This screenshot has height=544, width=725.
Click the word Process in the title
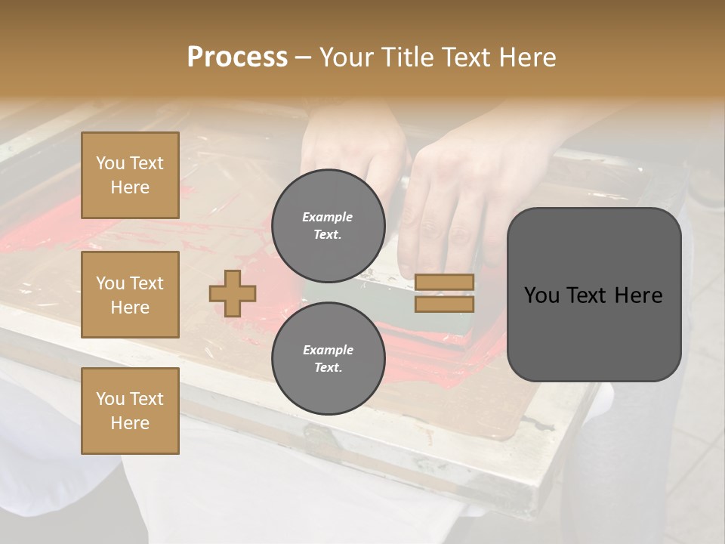237,57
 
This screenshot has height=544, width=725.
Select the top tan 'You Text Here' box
130,175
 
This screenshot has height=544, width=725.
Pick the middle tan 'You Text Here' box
130,295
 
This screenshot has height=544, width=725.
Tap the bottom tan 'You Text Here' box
130,411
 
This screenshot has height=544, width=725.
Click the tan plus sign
233,293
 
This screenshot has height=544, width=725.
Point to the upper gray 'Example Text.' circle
328,226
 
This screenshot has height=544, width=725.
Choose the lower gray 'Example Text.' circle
328,359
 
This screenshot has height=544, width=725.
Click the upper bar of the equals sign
444,282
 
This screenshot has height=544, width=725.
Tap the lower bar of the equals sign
444,304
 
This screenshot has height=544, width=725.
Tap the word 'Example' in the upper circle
328,217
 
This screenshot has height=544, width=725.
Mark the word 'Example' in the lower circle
328,350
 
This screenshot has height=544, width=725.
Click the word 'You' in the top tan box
110,163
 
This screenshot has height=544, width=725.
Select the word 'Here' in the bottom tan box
130,423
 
